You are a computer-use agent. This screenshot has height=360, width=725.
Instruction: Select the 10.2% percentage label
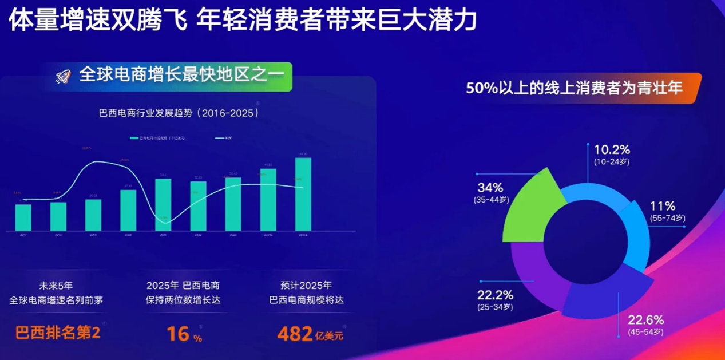[x=612, y=150]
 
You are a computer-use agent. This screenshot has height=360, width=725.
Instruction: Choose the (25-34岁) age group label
[x=496, y=307]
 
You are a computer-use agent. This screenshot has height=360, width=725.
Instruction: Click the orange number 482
[x=294, y=334]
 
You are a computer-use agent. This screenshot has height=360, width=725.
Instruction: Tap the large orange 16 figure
[x=178, y=334]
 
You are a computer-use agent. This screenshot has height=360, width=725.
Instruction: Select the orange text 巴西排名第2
[x=58, y=333]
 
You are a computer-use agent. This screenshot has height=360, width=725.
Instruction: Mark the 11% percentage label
[x=663, y=206]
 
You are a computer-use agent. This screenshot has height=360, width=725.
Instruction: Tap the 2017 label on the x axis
[x=23, y=235]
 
